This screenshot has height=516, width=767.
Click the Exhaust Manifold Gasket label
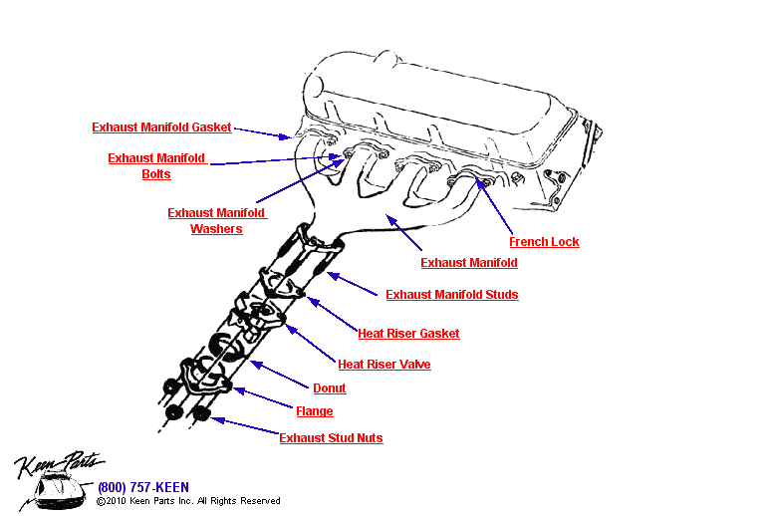[x=161, y=128]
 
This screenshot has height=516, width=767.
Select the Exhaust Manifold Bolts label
[x=156, y=165]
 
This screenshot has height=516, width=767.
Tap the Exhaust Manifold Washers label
[x=217, y=220]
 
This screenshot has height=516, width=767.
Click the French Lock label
[x=544, y=242]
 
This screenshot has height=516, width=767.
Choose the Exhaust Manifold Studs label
[x=452, y=295]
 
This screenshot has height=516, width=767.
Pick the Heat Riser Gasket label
[x=408, y=333]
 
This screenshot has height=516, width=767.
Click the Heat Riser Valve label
[x=383, y=364]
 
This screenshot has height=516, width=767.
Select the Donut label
[x=329, y=387]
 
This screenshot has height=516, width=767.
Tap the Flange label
[x=315, y=411]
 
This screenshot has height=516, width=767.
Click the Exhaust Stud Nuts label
[x=331, y=437]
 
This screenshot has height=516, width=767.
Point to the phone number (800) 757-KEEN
[x=143, y=487]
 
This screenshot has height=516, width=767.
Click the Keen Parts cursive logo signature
[x=59, y=463]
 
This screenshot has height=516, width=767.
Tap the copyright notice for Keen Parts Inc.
[x=188, y=501]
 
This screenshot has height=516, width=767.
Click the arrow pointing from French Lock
[x=494, y=206]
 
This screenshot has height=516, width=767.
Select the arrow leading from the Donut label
[x=279, y=375]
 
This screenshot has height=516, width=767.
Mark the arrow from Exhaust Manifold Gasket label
[x=263, y=133]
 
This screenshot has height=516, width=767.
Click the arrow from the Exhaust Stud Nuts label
[x=245, y=425]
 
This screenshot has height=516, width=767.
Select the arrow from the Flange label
[x=263, y=397]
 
